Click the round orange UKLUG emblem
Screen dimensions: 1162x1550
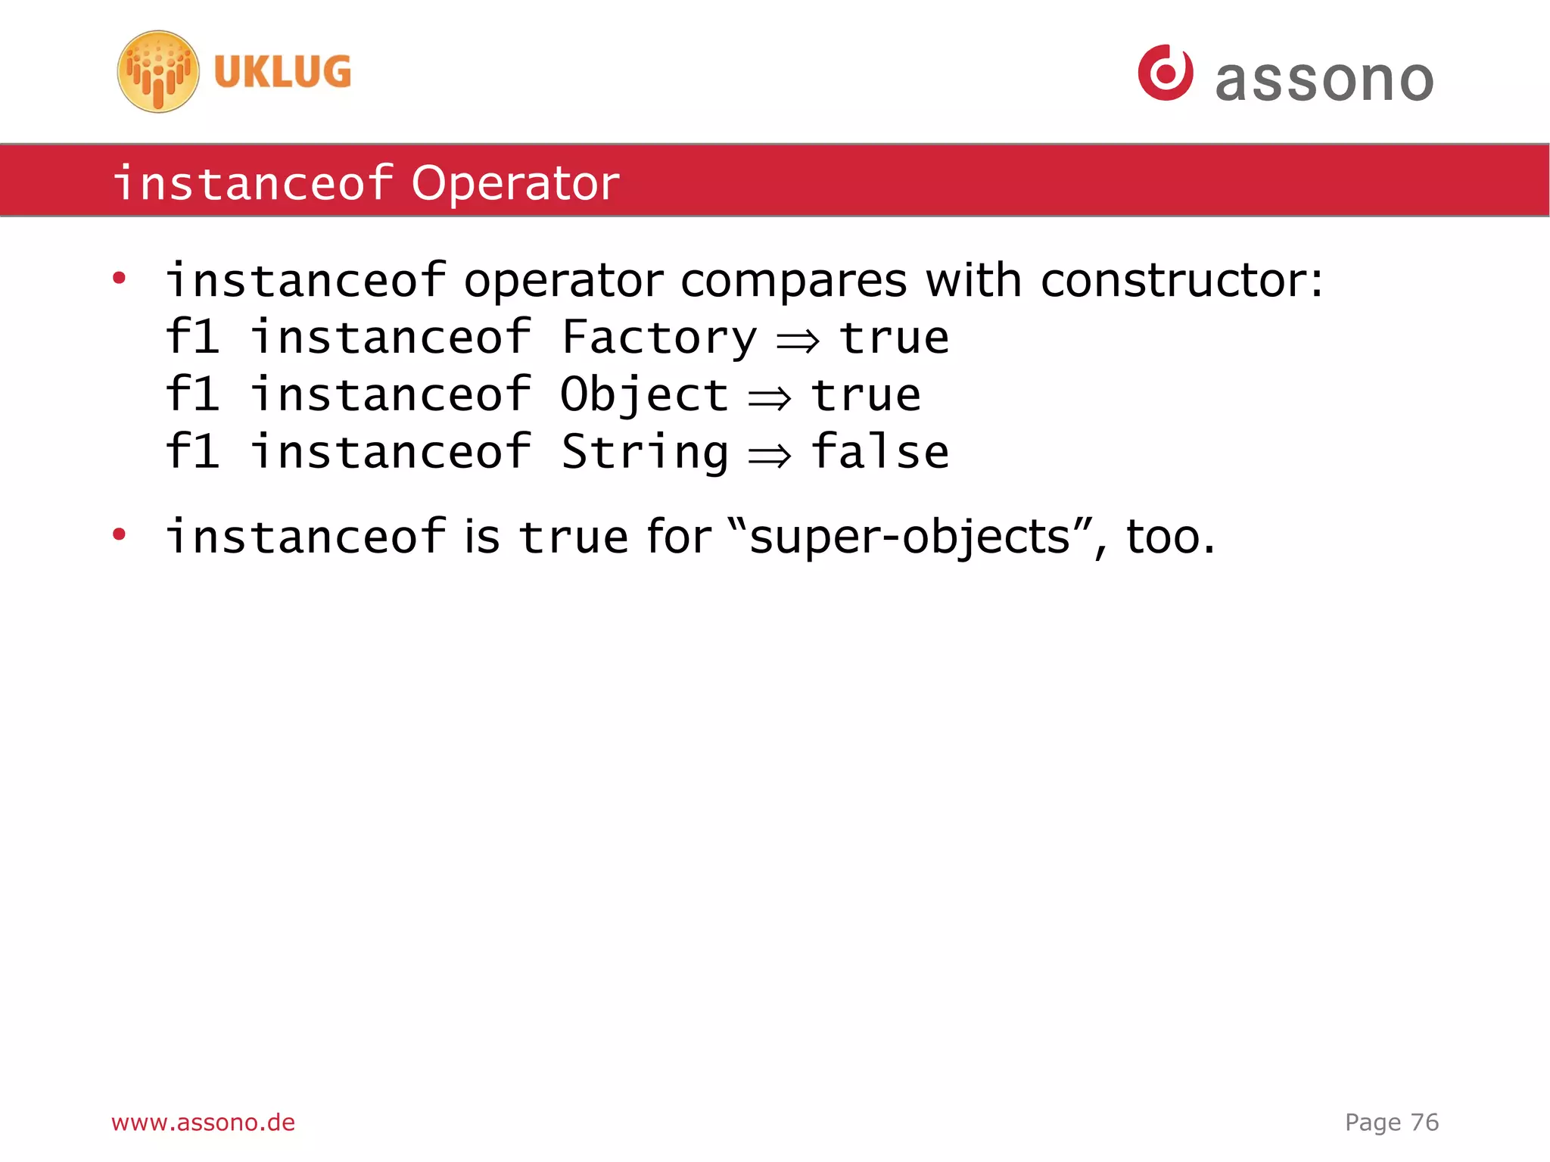click(158, 72)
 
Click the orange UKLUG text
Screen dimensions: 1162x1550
click(282, 73)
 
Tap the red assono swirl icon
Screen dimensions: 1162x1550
click(1166, 73)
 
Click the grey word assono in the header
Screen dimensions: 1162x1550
click(1324, 80)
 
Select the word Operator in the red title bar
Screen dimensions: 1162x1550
click(515, 183)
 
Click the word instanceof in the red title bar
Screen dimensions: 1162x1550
click(253, 183)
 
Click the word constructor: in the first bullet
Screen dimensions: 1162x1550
click(1181, 281)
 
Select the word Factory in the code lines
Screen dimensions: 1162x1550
click(658, 338)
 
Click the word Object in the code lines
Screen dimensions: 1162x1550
click(644, 395)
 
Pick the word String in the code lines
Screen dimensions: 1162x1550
click(645, 453)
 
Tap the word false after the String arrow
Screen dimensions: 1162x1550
click(880, 452)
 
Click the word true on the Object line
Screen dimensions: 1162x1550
click(866, 395)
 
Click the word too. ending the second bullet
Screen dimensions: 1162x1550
click(1170, 537)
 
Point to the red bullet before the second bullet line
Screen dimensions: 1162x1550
click(119, 535)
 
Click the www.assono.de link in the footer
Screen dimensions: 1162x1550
click(203, 1122)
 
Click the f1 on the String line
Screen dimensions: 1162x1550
click(193, 452)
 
